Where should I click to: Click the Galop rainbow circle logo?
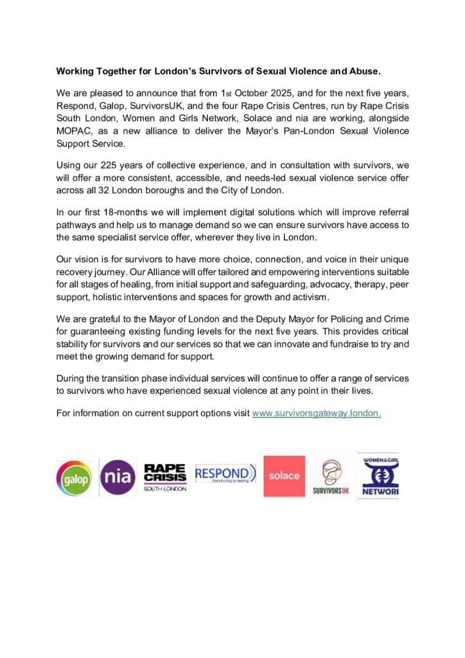pos(74,477)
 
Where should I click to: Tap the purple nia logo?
pos(118,477)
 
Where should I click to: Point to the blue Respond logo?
pos(225,475)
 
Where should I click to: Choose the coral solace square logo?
pos(285,476)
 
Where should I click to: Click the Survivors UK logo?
pos(331,477)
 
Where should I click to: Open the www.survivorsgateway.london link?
pos(317,413)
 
